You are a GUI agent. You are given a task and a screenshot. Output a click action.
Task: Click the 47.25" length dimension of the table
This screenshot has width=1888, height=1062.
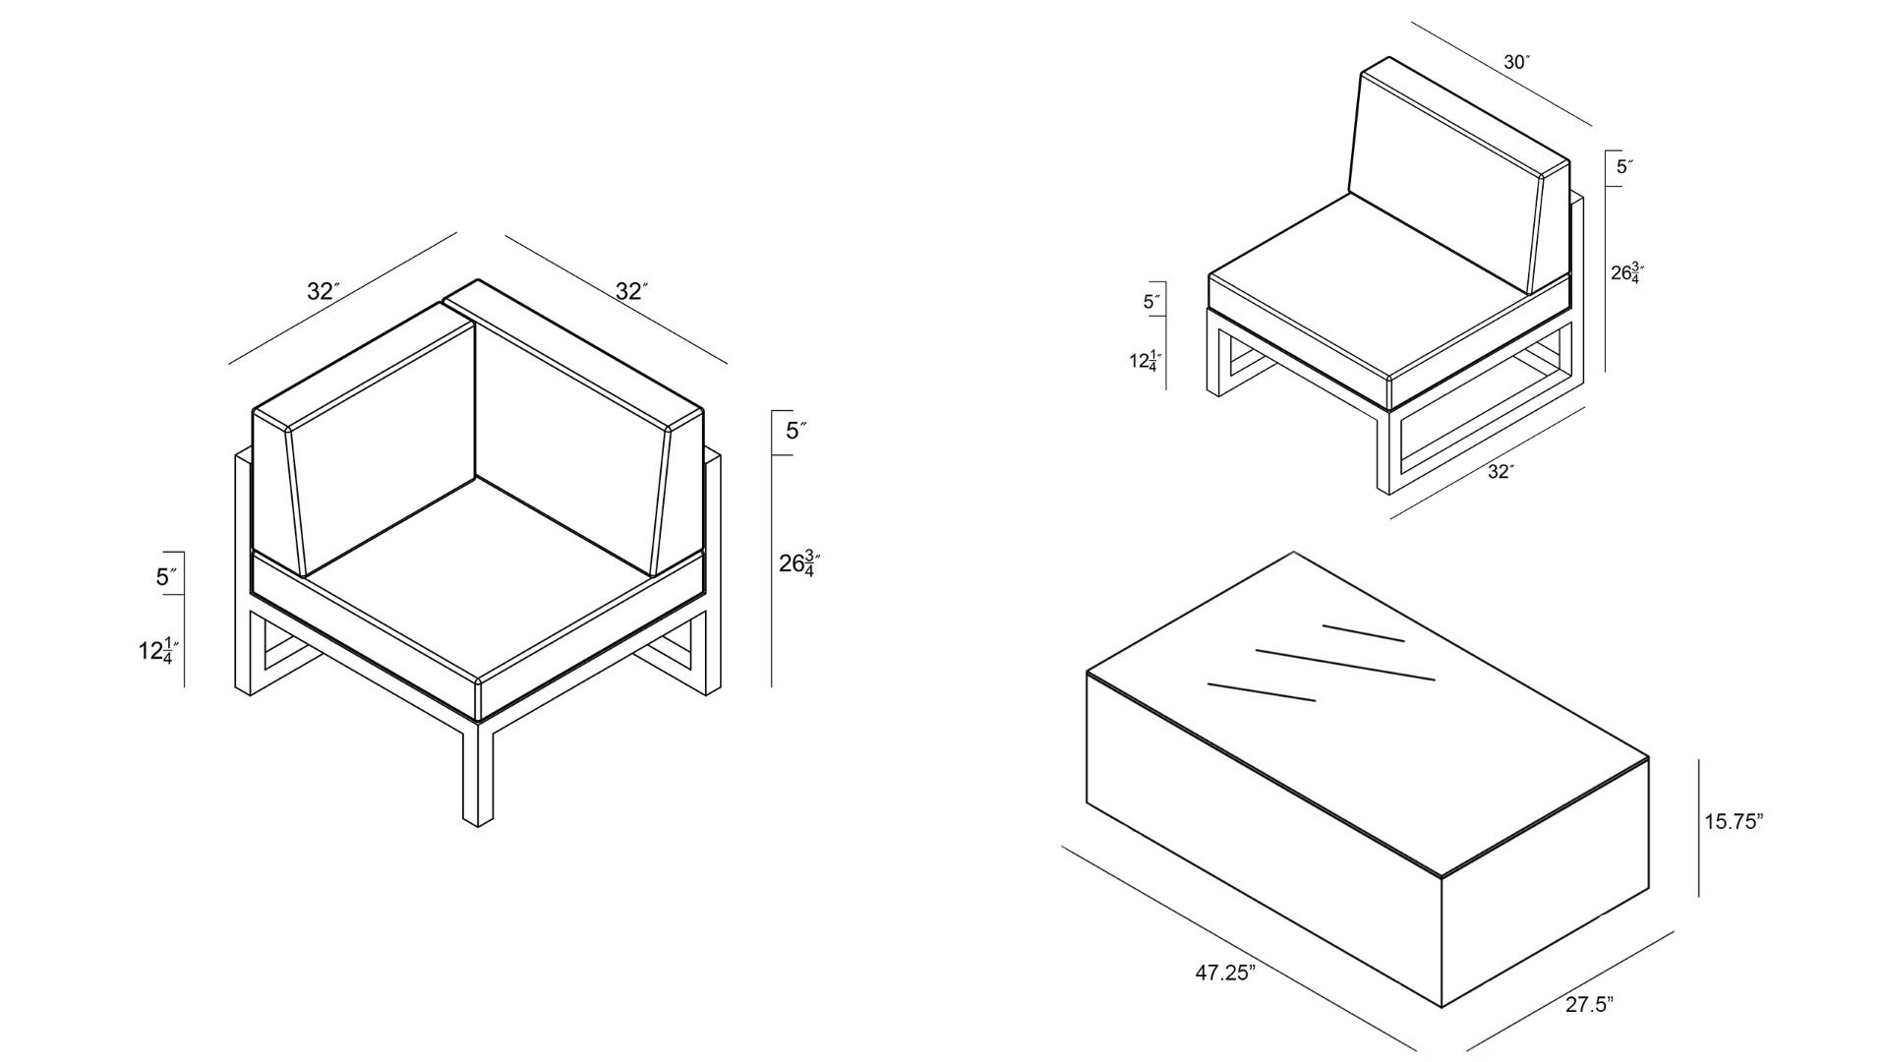[1225, 973]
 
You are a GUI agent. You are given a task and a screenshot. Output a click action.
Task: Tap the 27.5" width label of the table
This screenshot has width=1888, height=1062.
[1589, 1004]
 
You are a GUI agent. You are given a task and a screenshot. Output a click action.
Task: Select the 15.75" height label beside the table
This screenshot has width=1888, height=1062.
[1734, 822]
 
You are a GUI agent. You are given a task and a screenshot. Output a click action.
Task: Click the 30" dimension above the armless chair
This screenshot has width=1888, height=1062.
[1517, 62]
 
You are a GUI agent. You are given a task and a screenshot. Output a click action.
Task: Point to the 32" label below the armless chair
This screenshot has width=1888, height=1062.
[1501, 472]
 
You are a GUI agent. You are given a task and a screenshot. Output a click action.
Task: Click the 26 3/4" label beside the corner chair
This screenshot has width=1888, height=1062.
[799, 563]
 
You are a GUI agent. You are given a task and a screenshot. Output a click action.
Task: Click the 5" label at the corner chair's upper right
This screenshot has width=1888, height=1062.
[796, 431]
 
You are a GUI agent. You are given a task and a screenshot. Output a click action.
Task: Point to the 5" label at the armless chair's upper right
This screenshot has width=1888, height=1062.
[1625, 167]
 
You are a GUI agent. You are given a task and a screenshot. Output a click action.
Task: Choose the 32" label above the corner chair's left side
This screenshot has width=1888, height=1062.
[324, 291]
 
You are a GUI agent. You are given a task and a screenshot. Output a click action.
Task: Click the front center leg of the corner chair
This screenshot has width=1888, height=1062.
[478, 773]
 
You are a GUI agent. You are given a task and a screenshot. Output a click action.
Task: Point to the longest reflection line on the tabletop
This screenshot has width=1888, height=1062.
[1345, 664]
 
